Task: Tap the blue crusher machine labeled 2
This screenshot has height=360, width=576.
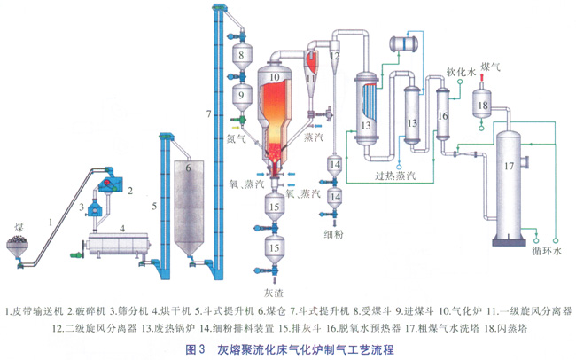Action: pos(108,185)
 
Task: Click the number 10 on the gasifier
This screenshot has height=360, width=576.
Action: pos(275,79)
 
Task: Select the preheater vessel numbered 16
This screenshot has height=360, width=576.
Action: pos(443,114)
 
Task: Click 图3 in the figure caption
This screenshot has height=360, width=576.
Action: pos(197,348)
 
